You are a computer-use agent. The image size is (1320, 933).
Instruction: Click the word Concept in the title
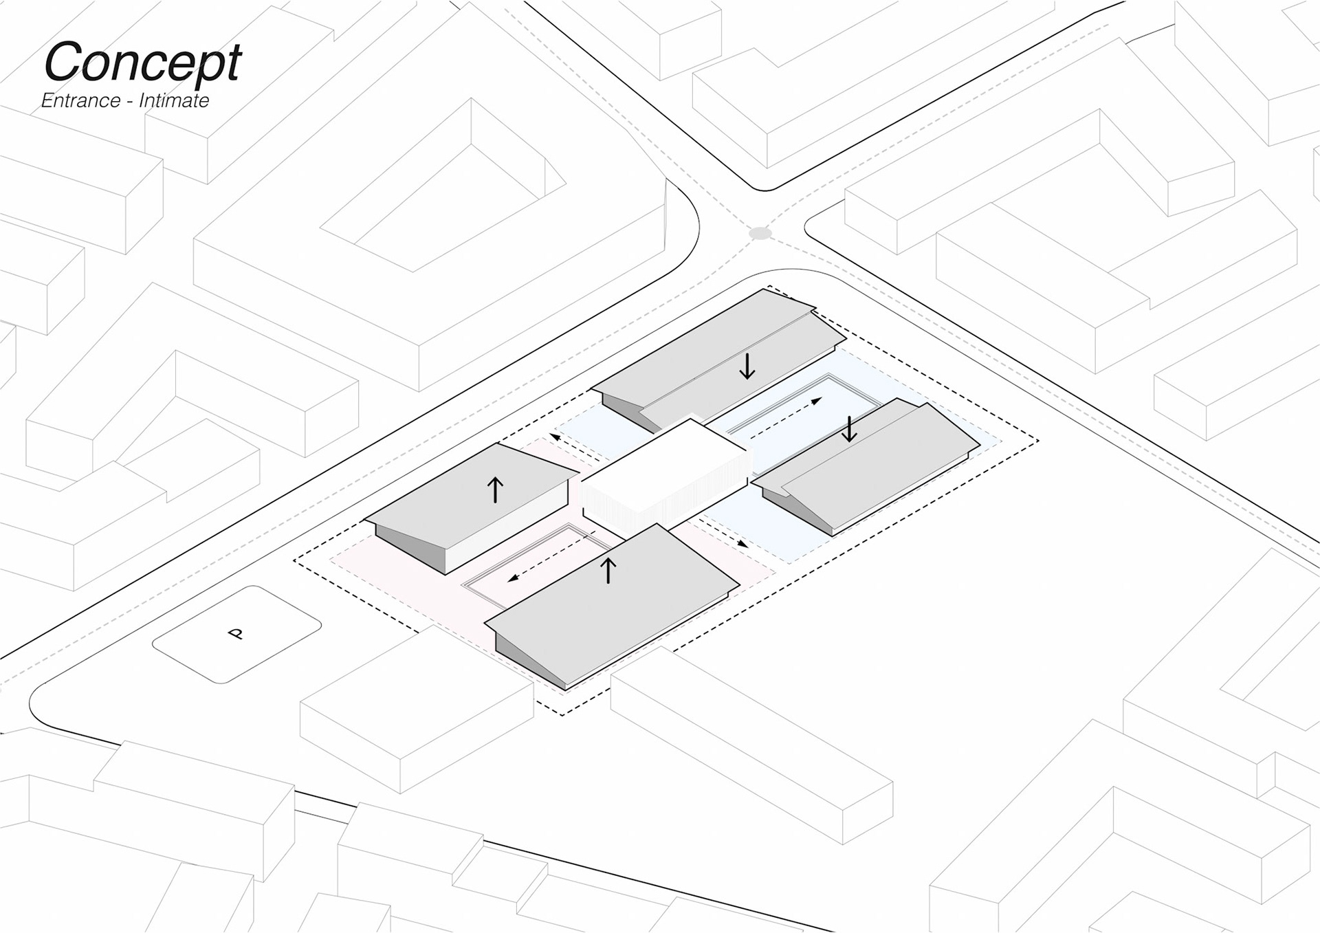click(x=142, y=63)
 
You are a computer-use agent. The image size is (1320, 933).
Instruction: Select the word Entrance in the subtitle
click(x=80, y=101)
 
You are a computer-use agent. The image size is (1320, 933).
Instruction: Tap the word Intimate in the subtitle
click(x=174, y=101)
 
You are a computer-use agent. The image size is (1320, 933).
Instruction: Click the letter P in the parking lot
click(x=236, y=633)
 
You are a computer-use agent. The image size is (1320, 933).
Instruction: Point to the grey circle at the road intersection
click(x=760, y=233)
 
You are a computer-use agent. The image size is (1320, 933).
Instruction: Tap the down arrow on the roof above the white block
click(x=747, y=366)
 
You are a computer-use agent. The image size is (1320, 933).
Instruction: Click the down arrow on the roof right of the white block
click(x=850, y=429)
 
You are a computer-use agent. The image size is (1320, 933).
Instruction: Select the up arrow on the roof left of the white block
click(x=495, y=490)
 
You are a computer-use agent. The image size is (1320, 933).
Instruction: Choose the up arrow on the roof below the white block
click(x=608, y=571)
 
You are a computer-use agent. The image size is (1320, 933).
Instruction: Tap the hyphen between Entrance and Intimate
click(x=129, y=102)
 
